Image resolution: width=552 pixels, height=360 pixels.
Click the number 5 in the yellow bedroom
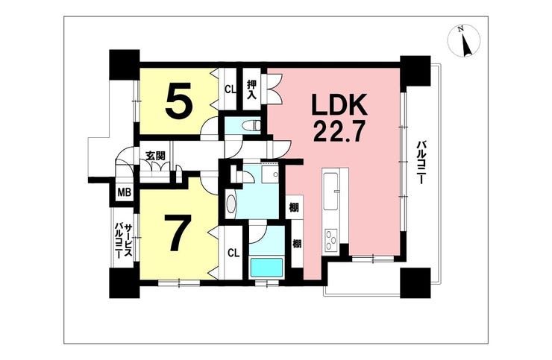click(x=179, y=101)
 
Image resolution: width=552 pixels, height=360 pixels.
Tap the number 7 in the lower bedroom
click(x=178, y=233)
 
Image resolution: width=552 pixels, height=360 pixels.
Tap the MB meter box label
click(x=124, y=192)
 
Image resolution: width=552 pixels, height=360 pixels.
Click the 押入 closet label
click(x=251, y=89)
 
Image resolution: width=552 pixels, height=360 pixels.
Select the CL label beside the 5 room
click(x=230, y=89)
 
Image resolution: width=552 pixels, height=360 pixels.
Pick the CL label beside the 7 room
click(x=233, y=253)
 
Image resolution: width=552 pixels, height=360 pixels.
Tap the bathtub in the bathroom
click(x=266, y=268)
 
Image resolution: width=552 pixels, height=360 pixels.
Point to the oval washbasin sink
click(x=230, y=203)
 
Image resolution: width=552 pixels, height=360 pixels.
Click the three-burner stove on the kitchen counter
click(x=331, y=240)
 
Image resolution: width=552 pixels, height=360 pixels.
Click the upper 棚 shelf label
click(x=294, y=207)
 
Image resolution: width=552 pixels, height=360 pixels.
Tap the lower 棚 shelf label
click(x=298, y=243)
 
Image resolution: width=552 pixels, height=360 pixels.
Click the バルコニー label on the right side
click(x=420, y=162)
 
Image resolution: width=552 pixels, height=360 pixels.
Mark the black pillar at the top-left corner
click(x=125, y=65)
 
